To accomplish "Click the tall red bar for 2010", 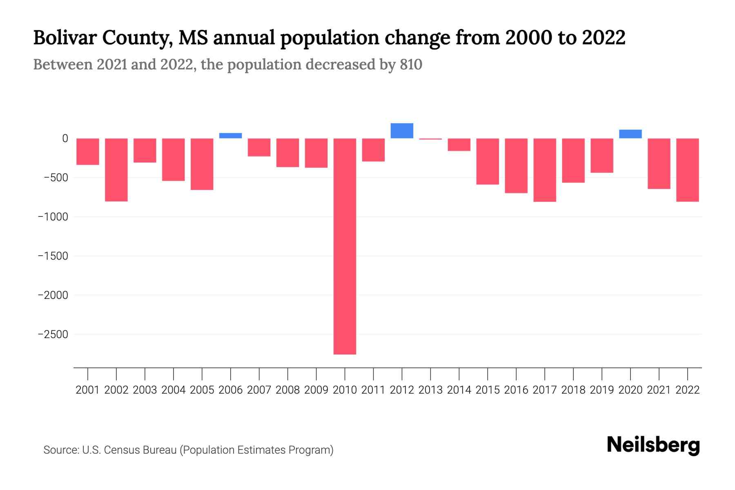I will point(345,246).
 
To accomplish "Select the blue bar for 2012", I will point(402,131).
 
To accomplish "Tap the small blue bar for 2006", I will point(230,136).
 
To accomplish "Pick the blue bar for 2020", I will point(630,134).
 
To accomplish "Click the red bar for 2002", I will point(116,170).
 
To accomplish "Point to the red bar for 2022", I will point(687,170).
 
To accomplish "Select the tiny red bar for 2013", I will point(430,139).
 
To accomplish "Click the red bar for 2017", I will point(545,170).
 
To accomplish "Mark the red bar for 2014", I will point(459,145).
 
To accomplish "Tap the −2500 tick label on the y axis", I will point(53,334).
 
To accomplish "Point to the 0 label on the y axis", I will point(65,138).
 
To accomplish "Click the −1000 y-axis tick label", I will point(53,217).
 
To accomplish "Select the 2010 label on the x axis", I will point(345,390).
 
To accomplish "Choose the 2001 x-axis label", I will point(88,390).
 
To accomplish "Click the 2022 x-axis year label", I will point(687,390).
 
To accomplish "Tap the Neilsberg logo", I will point(653,445).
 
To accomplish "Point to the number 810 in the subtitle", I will point(411,65).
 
